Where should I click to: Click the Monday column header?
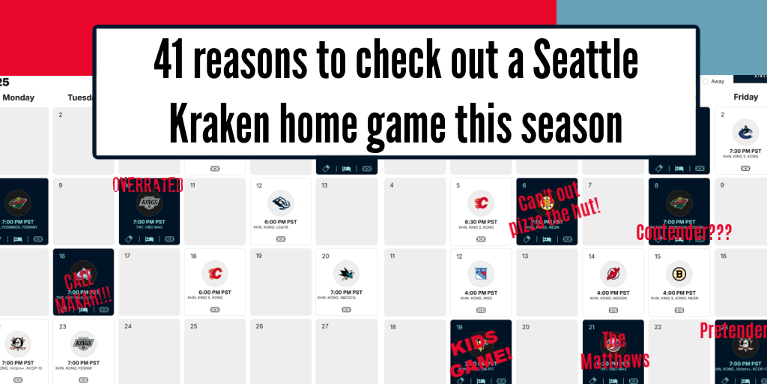(18, 97)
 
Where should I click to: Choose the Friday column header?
(745, 97)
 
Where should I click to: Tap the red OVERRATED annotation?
(148, 184)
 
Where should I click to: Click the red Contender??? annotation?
(682, 232)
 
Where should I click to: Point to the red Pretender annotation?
(733, 330)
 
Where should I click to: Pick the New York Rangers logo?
(481, 274)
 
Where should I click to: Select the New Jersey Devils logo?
(613, 274)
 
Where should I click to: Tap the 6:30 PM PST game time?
(481, 221)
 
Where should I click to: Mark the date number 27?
(325, 326)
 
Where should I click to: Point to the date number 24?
(129, 326)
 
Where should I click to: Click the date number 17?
(127, 256)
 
